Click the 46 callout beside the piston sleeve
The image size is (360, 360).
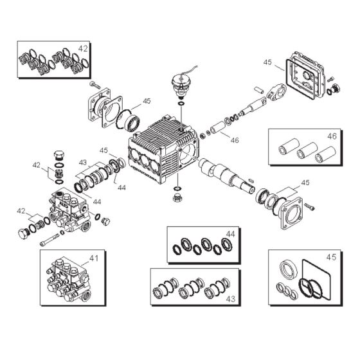235,139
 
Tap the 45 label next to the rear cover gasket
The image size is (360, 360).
268,62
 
